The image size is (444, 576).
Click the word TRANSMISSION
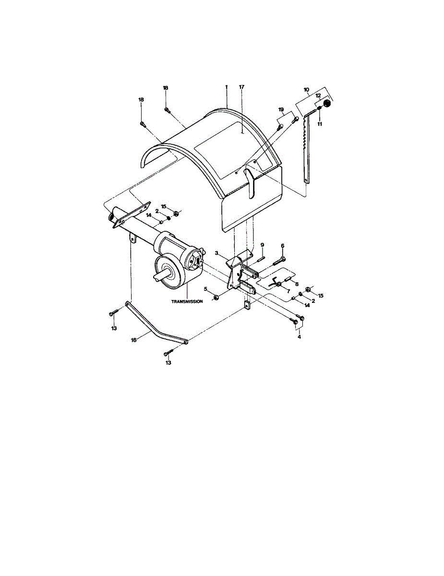pos(187,301)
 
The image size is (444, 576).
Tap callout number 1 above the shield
pos(226,87)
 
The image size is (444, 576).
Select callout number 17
pos(241,87)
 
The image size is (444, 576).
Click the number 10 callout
pos(307,89)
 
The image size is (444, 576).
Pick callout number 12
pos(317,96)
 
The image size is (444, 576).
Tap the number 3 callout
pos(217,252)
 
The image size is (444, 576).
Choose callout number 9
pos(263,245)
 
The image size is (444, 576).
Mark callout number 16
pos(133,339)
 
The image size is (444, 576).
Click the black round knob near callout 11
pos(327,104)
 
